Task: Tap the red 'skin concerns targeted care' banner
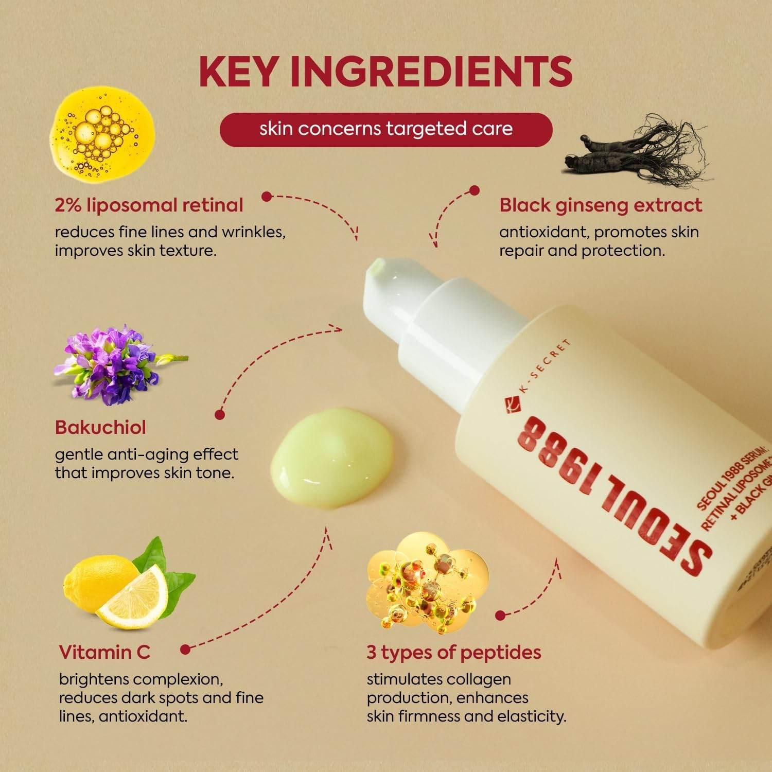coord(386,129)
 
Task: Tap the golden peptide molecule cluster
coord(427,582)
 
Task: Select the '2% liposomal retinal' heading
coord(149,205)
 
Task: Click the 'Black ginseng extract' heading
coord(600,205)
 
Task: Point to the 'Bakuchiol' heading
coord(100,427)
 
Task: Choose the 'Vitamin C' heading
coord(104,652)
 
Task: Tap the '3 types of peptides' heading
coord(453,652)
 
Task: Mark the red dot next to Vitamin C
coord(186,650)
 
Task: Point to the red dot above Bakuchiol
coord(220,414)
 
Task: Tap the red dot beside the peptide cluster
coord(499,615)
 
